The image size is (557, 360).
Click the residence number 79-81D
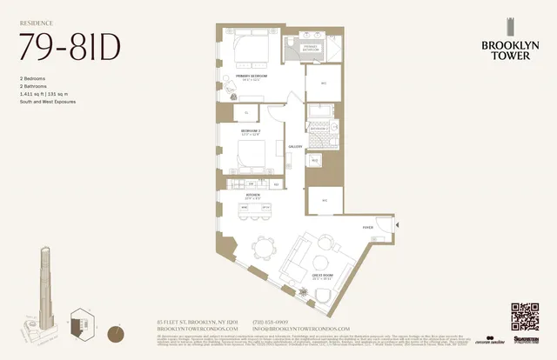[70, 46]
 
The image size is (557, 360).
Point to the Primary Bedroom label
[253, 77]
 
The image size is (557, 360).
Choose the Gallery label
[295, 147]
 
